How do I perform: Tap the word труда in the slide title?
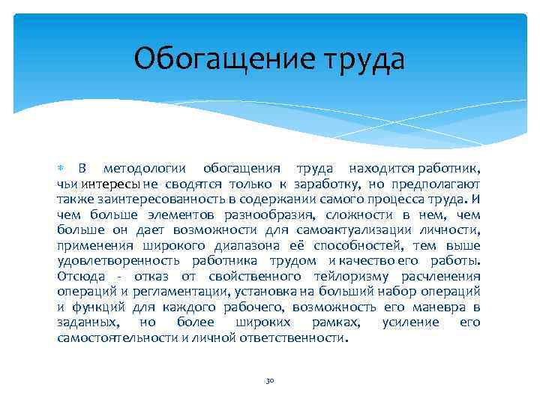click(360, 58)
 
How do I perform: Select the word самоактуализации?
click(346, 229)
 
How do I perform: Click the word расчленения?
click(440, 276)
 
